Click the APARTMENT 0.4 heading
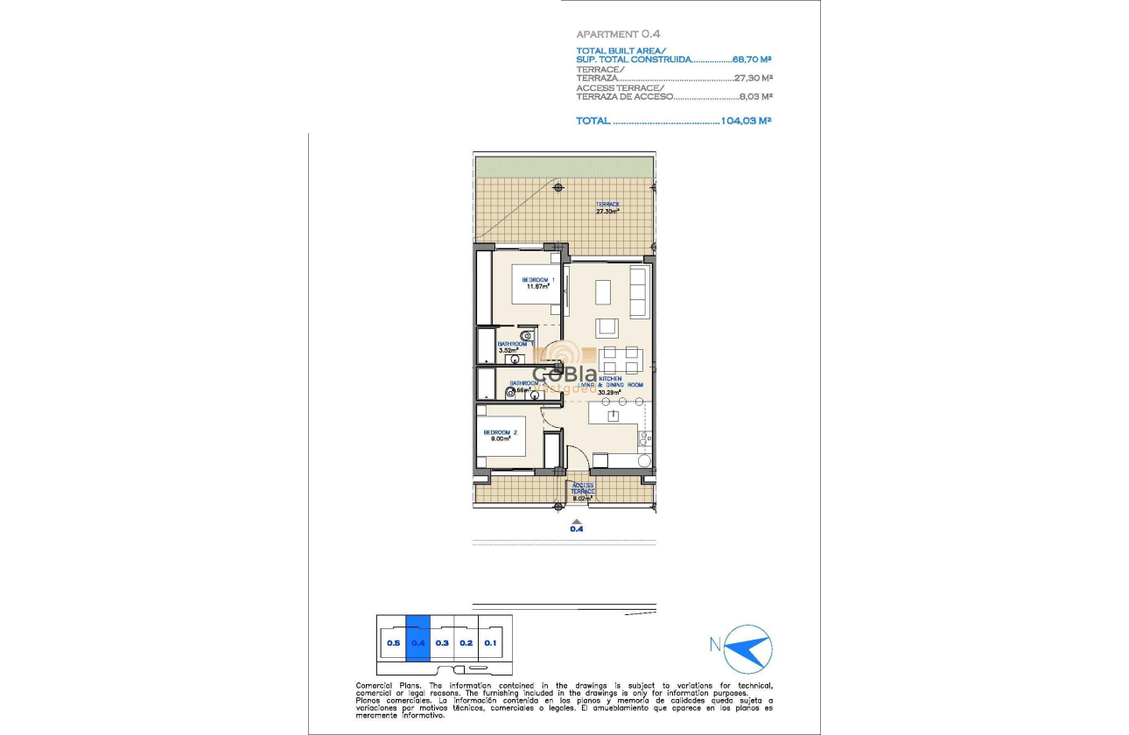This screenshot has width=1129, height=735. click(618, 34)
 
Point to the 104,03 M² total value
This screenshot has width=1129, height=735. click(746, 121)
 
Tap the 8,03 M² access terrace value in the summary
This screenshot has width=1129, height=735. click(755, 97)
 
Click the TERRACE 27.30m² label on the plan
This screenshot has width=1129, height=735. click(607, 207)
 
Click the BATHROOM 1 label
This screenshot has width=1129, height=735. click(515, 345)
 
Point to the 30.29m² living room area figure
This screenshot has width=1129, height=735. click(608, 393)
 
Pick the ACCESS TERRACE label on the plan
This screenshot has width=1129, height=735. click(583, 488)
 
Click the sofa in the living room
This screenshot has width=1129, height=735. click(639, 293)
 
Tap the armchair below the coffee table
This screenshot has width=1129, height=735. click(607, 327)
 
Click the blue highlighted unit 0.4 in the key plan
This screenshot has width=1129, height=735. click(418, 643)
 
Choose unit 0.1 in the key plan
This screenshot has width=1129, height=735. click(490, 643)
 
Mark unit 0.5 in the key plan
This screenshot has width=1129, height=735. click(393, 643)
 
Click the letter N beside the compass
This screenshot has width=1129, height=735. click(715, 646)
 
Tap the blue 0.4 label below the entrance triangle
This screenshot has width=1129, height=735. click(577, 528)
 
